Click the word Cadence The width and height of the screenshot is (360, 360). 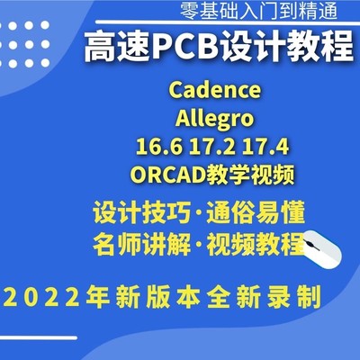(x=214, y=91)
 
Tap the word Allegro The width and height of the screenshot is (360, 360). (x=214, y=117)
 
